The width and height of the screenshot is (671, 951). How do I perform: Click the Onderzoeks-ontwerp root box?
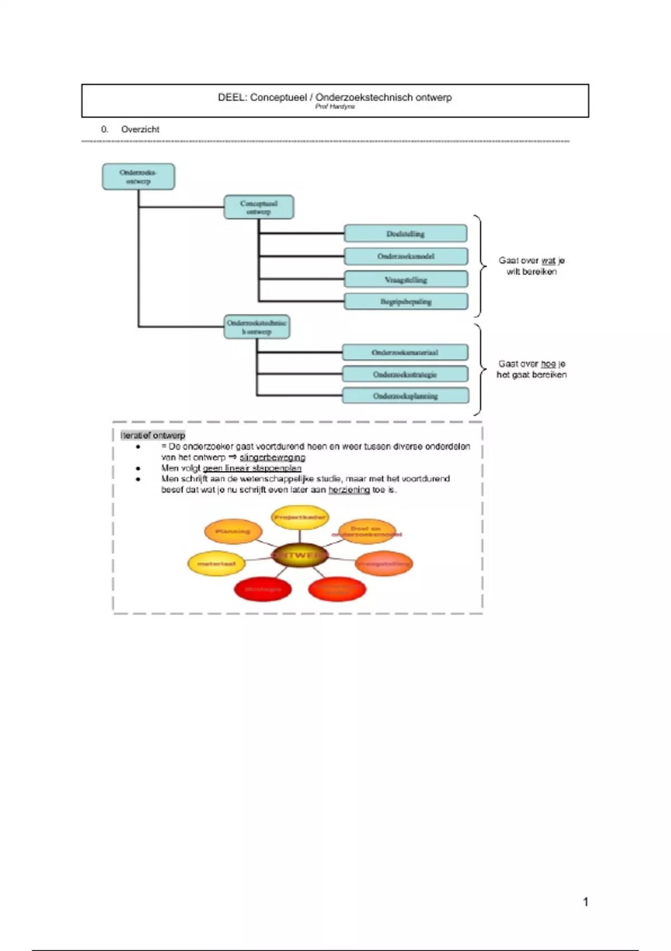pyautogui.click(x=138, y=177)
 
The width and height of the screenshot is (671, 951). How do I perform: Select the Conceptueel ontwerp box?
pyautogui.click(x=258, y=207)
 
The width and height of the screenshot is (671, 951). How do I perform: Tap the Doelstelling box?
pyautogui.click(x=405, y=234)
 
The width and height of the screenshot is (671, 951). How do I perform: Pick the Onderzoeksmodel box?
pyautogui.click(x=405, y=256)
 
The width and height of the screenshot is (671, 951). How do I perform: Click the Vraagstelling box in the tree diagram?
pyautogui.click(x=405, y=279)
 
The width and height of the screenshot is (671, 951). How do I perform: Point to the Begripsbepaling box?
pyautogui.click(x=405, y=302)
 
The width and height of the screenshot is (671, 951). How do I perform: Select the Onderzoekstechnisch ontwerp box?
pyautogui.click(x=257, y=327)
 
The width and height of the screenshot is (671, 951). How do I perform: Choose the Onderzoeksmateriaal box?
pyautogui.click(x=405, y=352)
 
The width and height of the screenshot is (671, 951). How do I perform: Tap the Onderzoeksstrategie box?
pyautogui.click(x=405, y=374)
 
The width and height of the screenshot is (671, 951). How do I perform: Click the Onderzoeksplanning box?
pyautogui.click(x=405, y=396)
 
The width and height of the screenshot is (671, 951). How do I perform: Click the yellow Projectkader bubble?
pyautogui.click(x=300, y=517)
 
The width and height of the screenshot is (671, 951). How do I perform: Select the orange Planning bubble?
pyautogui.click(x=233, y=531)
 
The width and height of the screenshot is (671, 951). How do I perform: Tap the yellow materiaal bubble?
pyautogui.click(x=216, y=564)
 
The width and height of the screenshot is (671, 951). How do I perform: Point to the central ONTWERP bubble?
pyautogui.click(x=300, y=555)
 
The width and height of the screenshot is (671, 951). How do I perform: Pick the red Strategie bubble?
pyautogui.click(x=263, y=589)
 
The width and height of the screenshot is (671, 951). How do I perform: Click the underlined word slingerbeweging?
pyautogui.click(x=272, y=458)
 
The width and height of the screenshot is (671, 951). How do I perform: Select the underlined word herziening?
pyautogui.click(x=349, y=490)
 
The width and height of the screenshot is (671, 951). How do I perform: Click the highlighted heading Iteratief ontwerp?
pyautogui.click(x=153, y=435)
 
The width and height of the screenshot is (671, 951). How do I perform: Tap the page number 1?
pyautogui.click(x=585, y=901)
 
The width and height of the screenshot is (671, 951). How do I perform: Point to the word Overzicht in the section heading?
pyautogui.click(x=140, y=129)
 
